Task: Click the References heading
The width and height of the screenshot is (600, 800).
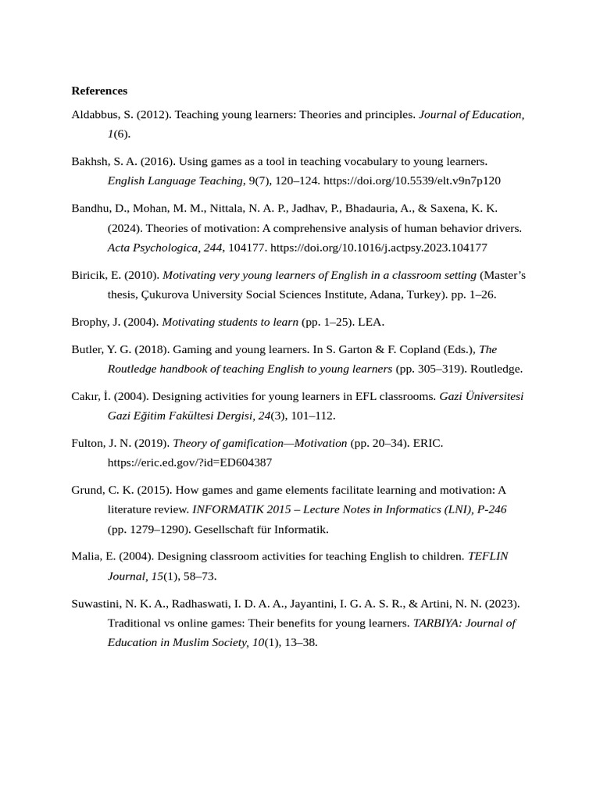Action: [x=99, y=91]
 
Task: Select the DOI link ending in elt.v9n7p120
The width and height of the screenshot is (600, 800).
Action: [x=412, y=181]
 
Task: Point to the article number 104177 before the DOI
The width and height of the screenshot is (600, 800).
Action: [x=247, y=248]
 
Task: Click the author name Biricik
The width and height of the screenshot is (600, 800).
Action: [x=91, y=275]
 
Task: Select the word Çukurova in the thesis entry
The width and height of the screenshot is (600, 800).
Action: [x=166, y=295]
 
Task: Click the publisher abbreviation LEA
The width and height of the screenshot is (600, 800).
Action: [x=370, y=322]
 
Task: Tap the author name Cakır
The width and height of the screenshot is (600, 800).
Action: [x=86, y=396]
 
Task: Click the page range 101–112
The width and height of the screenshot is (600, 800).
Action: [x=313, y=416]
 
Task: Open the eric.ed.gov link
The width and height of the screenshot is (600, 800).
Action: [x=190, y=462]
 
